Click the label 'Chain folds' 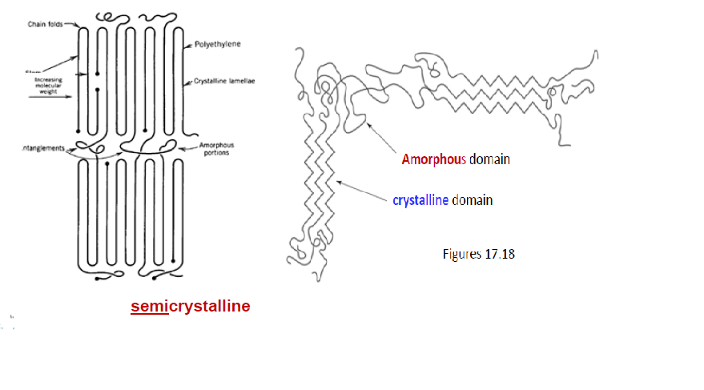click(x=45, y=25)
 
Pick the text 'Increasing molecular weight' click(x=49, y=86)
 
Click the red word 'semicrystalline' click(x=191, y=306)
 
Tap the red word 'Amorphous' click(x=433, y=159)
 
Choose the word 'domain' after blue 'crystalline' click(x=472, y=200)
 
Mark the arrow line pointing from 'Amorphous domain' click(x=381, y=139)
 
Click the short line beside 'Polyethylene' click(x=188, y=44)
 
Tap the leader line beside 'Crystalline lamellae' click(x=187, y=82)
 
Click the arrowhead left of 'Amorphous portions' click(x=181, y=148)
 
